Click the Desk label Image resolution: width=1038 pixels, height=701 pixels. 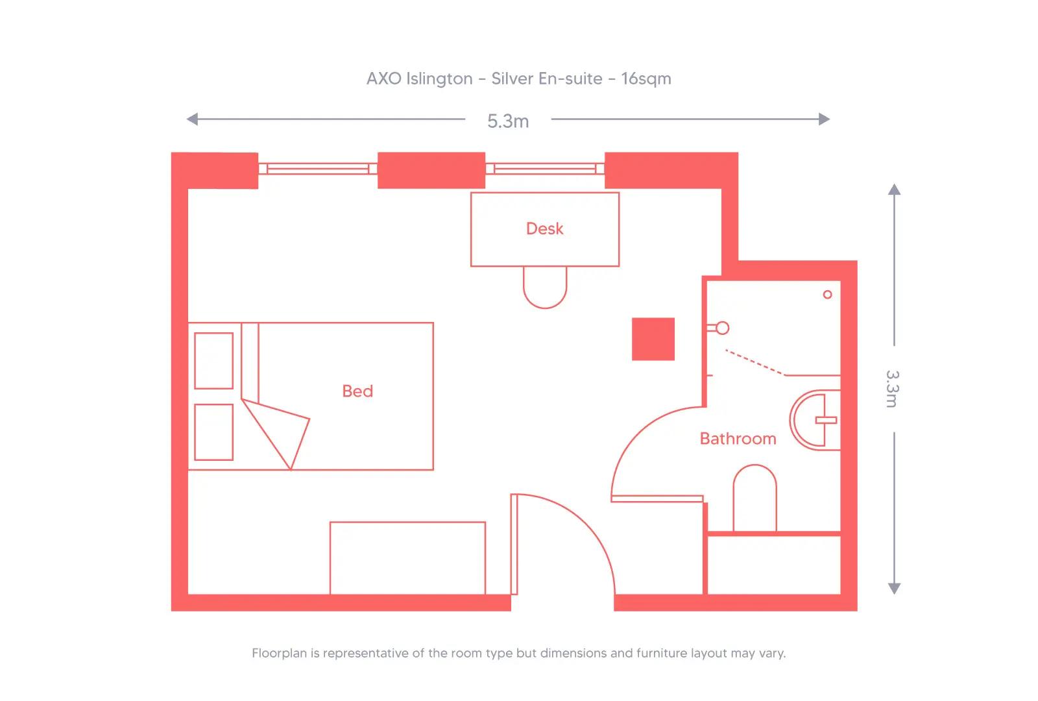(x=544, y=228)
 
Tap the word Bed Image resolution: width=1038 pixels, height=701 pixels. (x=357, y=391)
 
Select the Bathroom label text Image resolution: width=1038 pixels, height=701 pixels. (x=738, y=439)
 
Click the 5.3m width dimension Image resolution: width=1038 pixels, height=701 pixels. (x=508, y=121)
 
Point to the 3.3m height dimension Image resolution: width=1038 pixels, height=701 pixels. (x=892, y=388)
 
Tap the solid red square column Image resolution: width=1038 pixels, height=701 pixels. (x=653, y=339)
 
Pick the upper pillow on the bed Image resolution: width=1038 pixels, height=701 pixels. (x=213, y=361)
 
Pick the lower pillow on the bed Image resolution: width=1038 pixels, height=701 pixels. (x=213, y=432)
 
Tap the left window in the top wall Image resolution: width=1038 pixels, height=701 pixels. (x=318, y=169)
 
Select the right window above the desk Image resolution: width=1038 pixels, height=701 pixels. (x=545, y=169)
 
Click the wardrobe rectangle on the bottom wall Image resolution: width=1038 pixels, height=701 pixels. (x=407, y=558)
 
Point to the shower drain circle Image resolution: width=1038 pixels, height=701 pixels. (x=827, y=295)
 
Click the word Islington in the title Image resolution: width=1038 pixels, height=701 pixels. (x=439, y=79)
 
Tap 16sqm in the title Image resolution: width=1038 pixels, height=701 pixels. (x=646, y=79)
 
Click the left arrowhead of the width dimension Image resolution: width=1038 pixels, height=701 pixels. (x=192, y=119)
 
